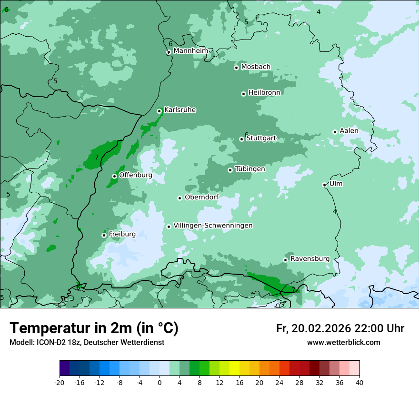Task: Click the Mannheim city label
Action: click(x=190, y=51)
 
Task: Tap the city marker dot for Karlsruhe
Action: click(x=160, y=111)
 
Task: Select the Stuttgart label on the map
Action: click(x=261, y=138)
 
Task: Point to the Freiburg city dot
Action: click(x=104, y=235)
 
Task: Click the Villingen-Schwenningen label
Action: click(x=213, y=226)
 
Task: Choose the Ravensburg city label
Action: click(x=309, y=259)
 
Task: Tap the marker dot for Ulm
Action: click(x=324, y=185)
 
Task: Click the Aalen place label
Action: click(x=349, y=131)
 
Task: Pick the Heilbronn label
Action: click(x=264, y=93)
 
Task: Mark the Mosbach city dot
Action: click(x=236, y=68)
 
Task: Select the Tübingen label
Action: click(x=249, y=169)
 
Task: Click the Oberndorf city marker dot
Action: click(x=180, y=198)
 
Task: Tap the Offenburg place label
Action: click(x=135, y=175)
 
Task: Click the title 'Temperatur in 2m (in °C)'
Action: click(x=94, y=328)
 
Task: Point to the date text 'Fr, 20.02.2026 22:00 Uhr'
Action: click(x=340, y=328)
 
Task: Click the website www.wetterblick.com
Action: click(x=343, y=342)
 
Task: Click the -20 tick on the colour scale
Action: click(x=60, y=382)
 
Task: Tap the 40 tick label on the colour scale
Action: click(x=359, y=382)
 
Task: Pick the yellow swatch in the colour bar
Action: click(x=234, y=368)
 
